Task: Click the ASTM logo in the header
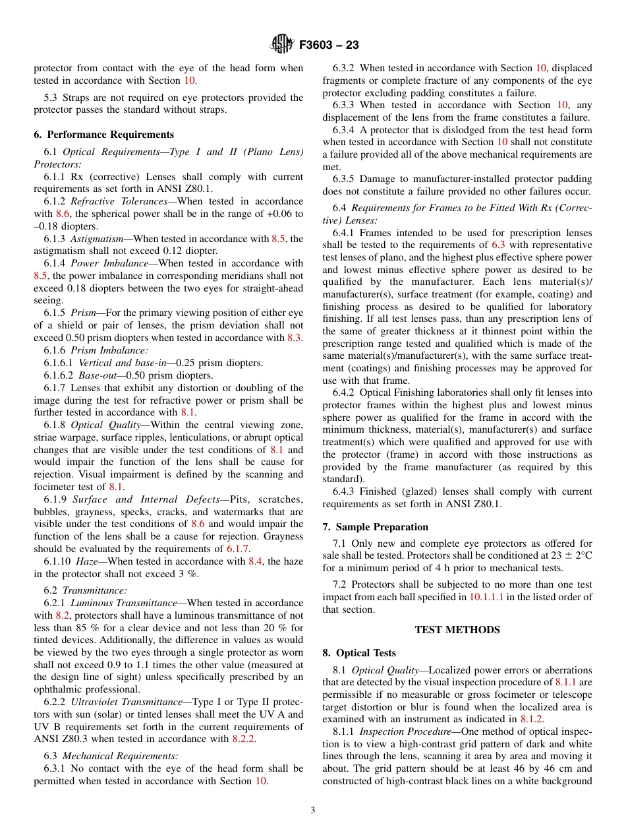[282, 45]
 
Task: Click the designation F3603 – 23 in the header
[329, 46]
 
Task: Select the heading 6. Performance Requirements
[104, 135]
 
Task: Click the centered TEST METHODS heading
[457, 630]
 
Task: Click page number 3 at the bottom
[313, 811]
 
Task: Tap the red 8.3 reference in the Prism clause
[294, 338]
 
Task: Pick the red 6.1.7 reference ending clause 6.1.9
[237, 549]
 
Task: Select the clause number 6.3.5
[344, 179]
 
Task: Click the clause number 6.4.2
[344, 392]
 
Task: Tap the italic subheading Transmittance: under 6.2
[94, 590]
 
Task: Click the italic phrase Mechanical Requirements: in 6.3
[120, 756]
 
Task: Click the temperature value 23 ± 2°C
[569, 556]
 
